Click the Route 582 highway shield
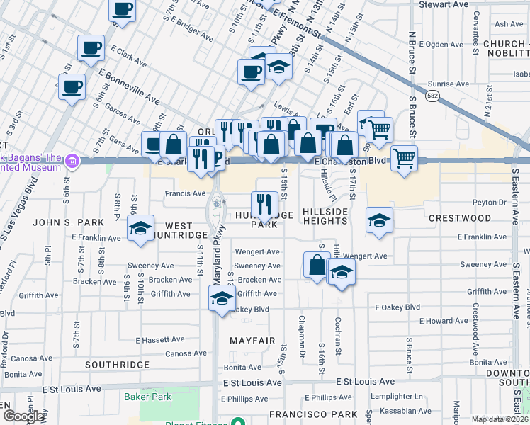(x=432, y=93)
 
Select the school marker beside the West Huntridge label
(x=141, y=228)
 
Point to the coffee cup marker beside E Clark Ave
(x=91, y=48)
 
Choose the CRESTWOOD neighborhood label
(x=460, y=219)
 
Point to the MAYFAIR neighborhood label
(x=252, y=341)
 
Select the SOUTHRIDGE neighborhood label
(x=117, y=365)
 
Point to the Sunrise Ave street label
(x=451, y=84)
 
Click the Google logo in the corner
(x=23, y=416)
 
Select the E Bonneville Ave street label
(x=130, y=84)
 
